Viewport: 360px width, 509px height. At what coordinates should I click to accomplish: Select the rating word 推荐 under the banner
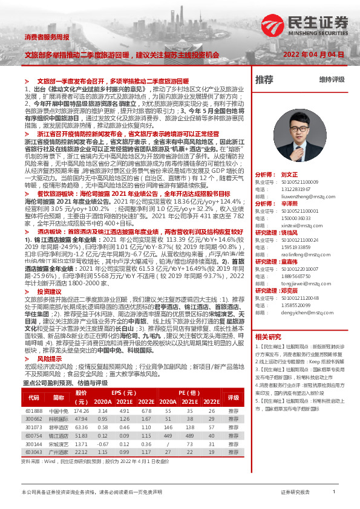coord(264,79)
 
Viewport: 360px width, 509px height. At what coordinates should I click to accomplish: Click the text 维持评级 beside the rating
coord(332,79)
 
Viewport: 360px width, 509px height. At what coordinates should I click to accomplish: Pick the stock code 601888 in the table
coord(34,410)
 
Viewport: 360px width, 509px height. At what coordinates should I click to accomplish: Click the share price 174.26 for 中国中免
coord(81,410)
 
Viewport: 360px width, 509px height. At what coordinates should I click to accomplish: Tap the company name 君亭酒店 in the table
coord(58,427)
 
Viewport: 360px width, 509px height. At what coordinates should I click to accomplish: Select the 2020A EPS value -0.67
coord(104,444)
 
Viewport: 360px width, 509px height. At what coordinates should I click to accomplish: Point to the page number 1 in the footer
coord(334,493)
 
